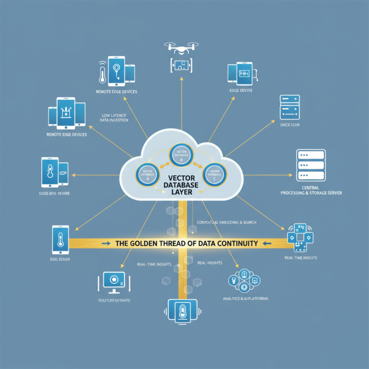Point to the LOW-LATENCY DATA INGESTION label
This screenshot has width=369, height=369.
point(115,118)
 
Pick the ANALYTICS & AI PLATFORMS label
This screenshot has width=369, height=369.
point(246,298)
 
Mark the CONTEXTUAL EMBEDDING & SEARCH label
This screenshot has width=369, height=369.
point(226,223)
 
